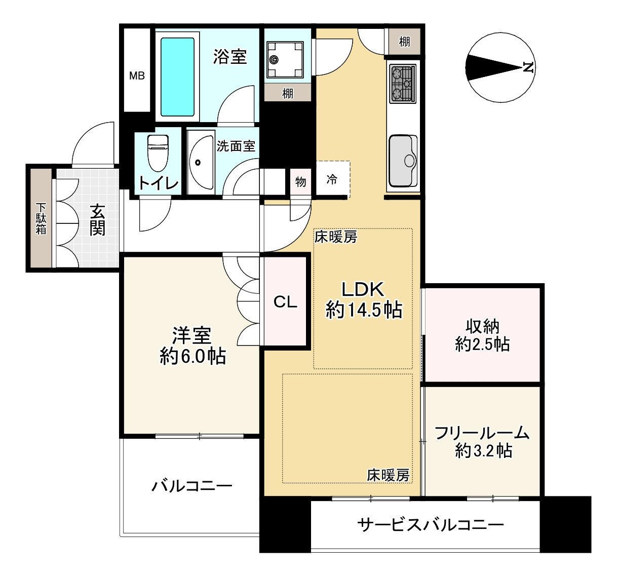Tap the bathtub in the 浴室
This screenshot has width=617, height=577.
[177, 77]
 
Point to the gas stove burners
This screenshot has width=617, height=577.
[403, 83]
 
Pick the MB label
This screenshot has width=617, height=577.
[137, 76]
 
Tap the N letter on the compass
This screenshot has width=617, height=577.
[527, 67]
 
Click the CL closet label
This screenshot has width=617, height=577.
[285, 302]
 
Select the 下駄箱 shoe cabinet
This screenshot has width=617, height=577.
[41, 218]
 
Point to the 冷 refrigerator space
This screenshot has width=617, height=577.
[332, 179]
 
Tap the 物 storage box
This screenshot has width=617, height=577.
[301, 181]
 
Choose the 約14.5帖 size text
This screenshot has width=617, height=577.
[364, 310]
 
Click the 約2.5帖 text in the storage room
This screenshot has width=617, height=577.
[482, 345]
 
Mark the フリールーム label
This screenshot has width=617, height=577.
[482, 433]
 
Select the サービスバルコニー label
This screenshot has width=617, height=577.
[431, 524]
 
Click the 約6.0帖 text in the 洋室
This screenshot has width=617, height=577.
[192, 357]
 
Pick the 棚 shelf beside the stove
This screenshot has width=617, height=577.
[404, 42]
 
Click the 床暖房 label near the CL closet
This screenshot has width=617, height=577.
[336, 237]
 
